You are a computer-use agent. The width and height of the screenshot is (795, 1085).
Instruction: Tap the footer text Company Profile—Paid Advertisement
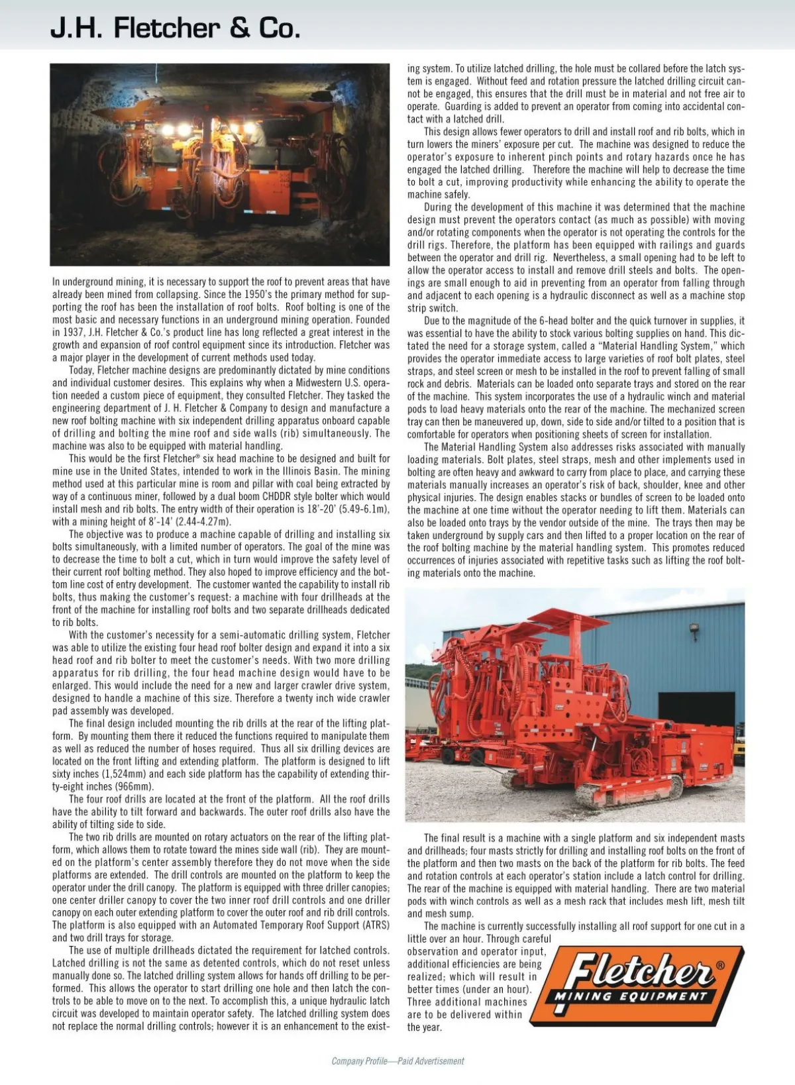click(x=397, y=1061)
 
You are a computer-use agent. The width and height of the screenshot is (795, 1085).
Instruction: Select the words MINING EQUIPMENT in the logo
click(x=631, y=996)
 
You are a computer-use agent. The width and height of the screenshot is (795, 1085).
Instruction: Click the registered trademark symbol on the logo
click(x=720, y=965)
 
